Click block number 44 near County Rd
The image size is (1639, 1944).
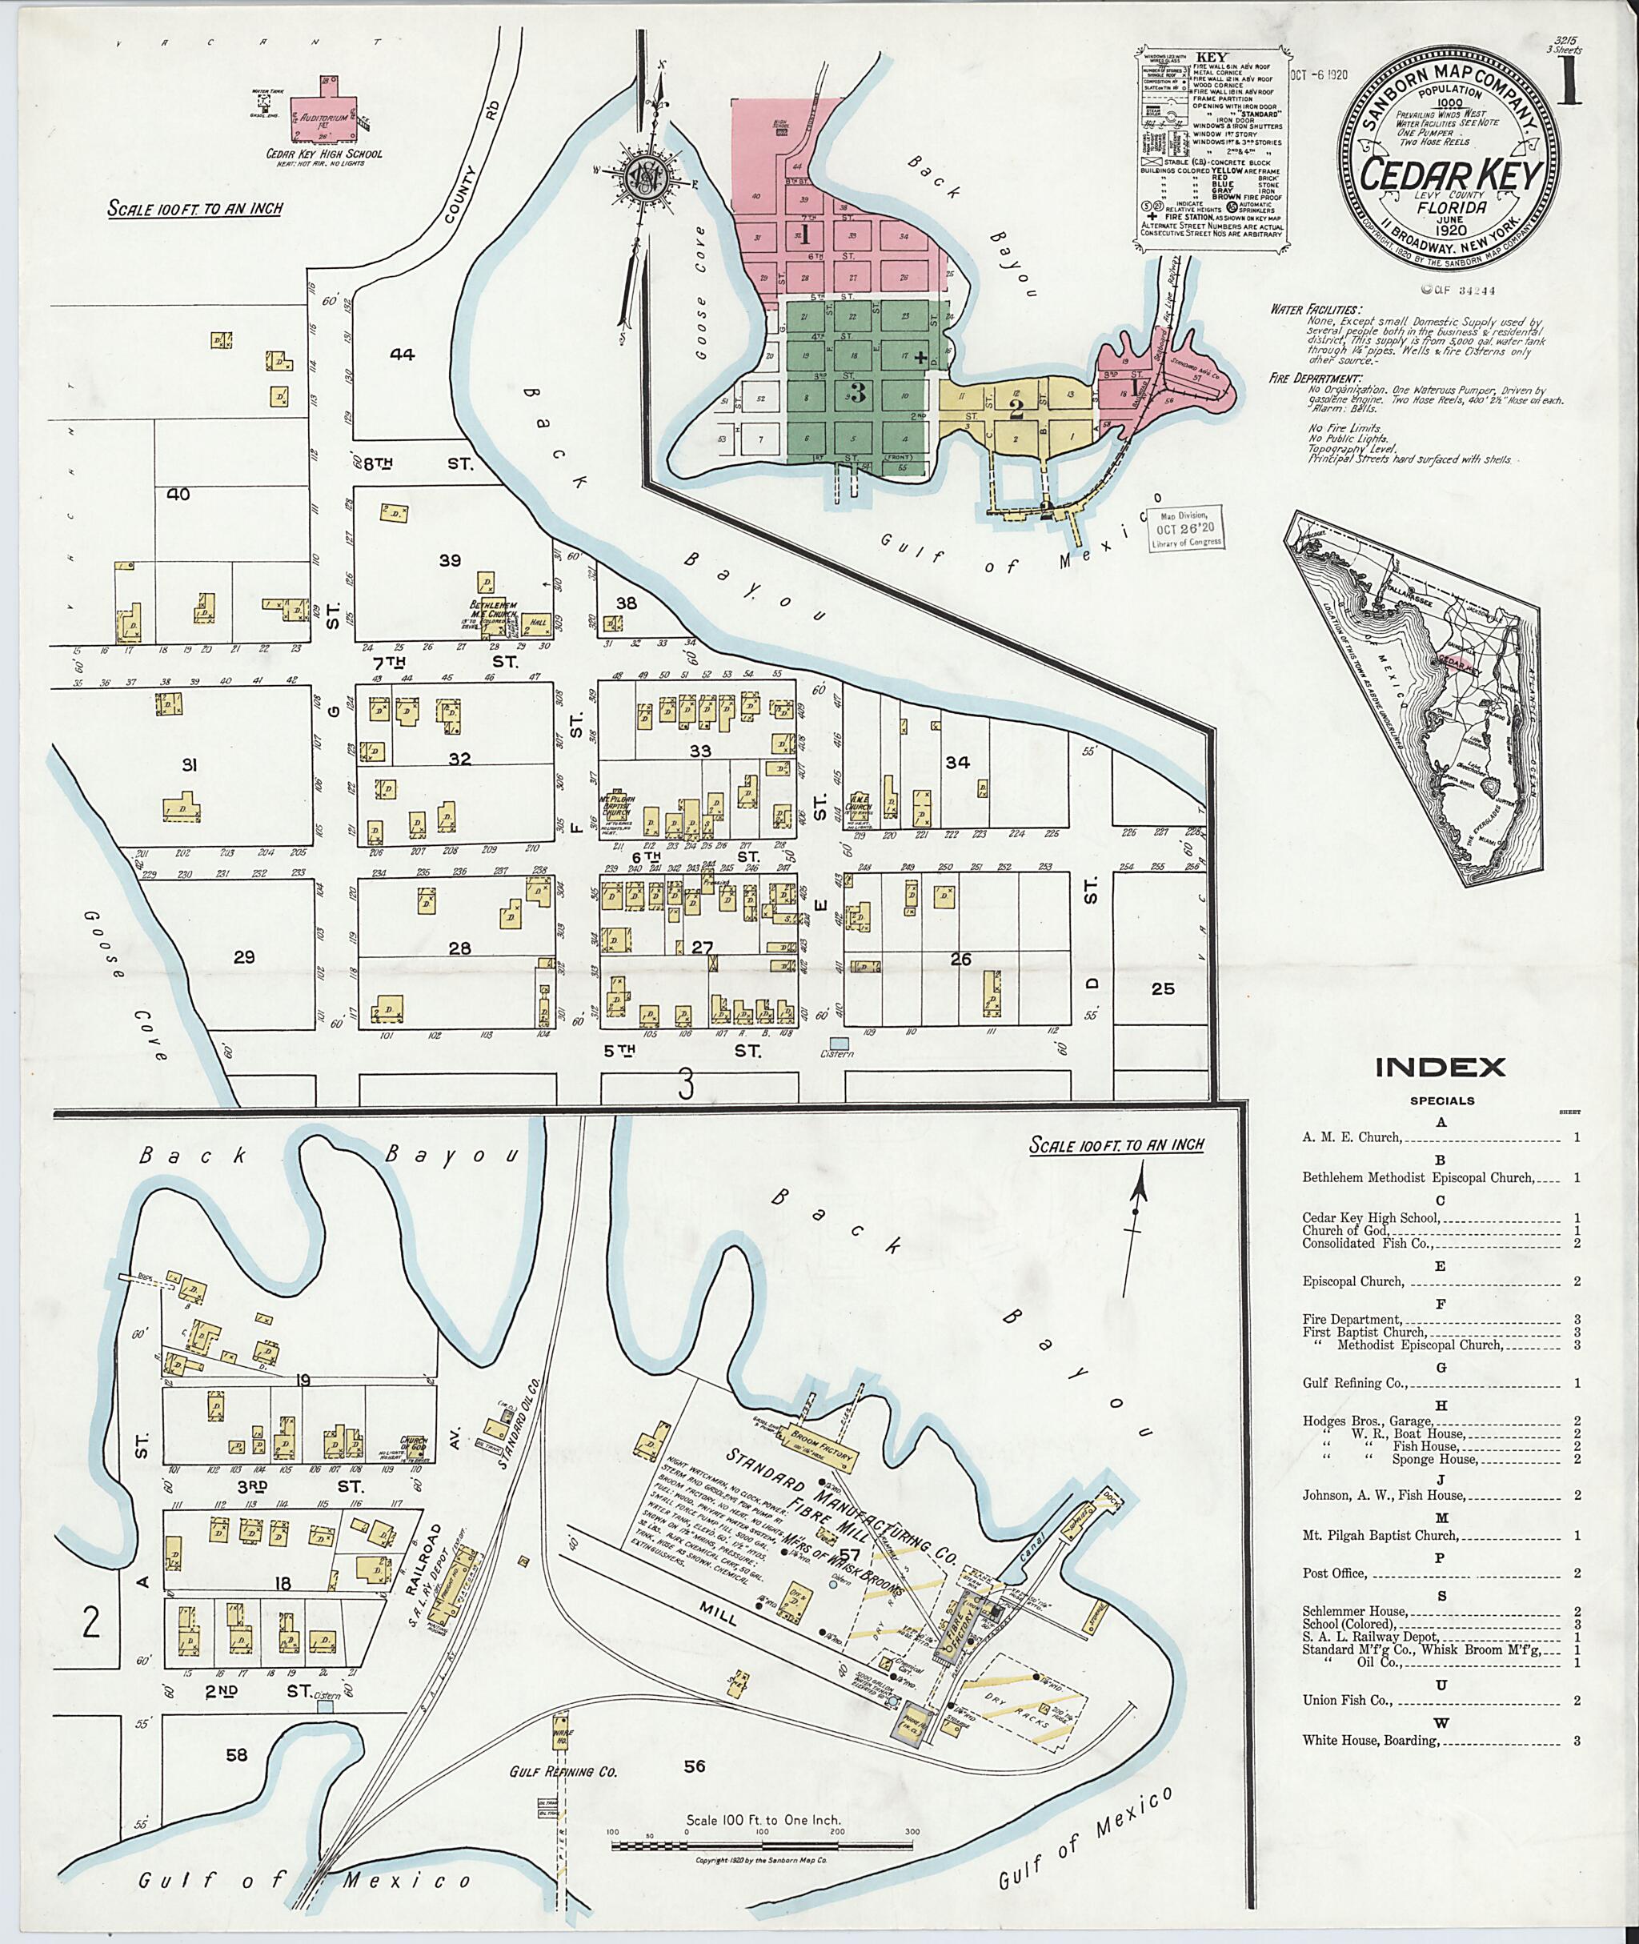click(402, 353)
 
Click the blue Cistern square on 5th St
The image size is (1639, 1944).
click(839, 1044)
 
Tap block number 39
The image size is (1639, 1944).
click(450, 559)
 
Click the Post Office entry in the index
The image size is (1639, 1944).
click(1334, 1573)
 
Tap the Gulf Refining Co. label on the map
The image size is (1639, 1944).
click(563, 1772)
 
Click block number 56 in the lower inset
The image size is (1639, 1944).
click(695, 1766)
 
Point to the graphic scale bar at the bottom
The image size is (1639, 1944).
click(762, 1842)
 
